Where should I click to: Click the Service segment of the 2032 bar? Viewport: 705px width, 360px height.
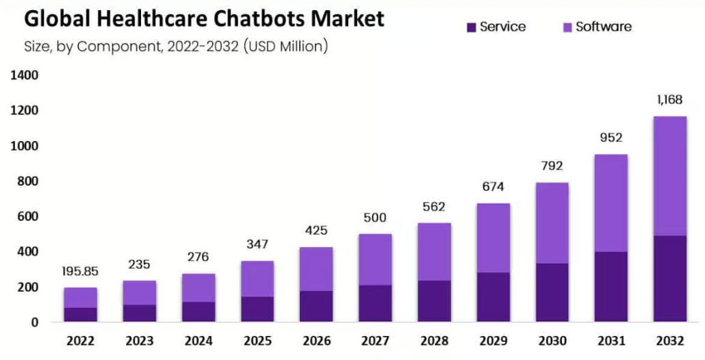pos(669,279)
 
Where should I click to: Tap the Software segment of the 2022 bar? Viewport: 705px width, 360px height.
pos(80,298)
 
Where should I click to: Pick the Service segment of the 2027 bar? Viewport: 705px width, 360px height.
pos(375,303)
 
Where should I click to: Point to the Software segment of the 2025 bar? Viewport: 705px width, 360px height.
pos(257,279)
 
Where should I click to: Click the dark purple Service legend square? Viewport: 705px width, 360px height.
pos(470,27)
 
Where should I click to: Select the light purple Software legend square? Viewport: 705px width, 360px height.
pos(566,27)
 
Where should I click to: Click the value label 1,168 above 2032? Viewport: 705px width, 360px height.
pos(669,100)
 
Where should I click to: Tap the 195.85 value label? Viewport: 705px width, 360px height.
pos(80,271)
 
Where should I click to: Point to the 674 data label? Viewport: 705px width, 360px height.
pos(493,187)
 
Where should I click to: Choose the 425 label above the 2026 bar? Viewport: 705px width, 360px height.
pos(316,231)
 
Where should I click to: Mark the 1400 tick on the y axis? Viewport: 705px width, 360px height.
pos(24,75)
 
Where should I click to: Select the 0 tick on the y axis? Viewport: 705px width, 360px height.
pos(34,322)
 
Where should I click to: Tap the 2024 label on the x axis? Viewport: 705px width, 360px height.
pos(198,341)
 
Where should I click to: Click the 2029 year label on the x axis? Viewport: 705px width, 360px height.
pos(493,341)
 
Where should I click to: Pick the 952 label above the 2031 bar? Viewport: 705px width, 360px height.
pos(611,138)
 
